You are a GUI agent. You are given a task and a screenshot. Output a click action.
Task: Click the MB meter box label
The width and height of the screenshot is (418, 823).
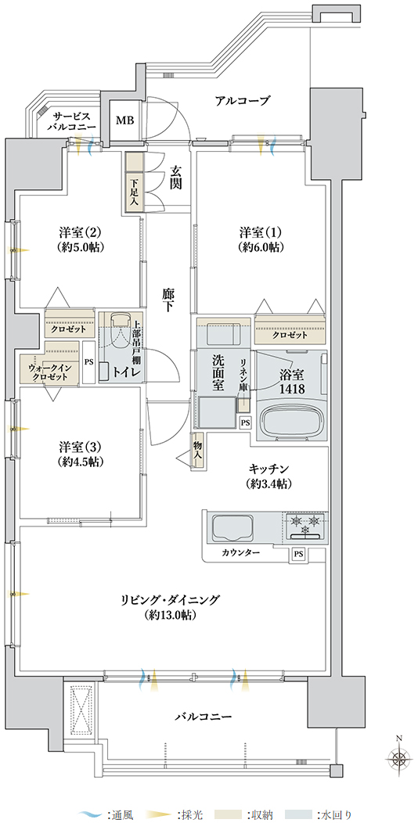point(124,120)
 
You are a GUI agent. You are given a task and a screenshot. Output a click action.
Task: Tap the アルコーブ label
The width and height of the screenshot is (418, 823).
point(243,100)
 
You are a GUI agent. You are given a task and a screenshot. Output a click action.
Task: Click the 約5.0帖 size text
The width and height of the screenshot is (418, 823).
point(81,247)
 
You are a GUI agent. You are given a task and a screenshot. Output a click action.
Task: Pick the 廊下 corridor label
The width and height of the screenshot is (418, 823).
point(167,301)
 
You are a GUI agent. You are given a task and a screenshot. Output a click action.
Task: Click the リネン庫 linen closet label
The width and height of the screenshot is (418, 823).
point(244,375)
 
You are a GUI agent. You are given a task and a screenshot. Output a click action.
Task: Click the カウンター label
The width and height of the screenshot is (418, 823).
point(240,552)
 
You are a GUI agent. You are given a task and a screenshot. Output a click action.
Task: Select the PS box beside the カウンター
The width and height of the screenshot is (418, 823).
point(298,553)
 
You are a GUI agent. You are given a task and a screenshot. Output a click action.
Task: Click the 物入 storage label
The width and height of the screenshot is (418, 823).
point(198,451)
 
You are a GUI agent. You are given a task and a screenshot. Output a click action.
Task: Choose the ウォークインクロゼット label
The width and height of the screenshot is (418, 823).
point(48,372)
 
